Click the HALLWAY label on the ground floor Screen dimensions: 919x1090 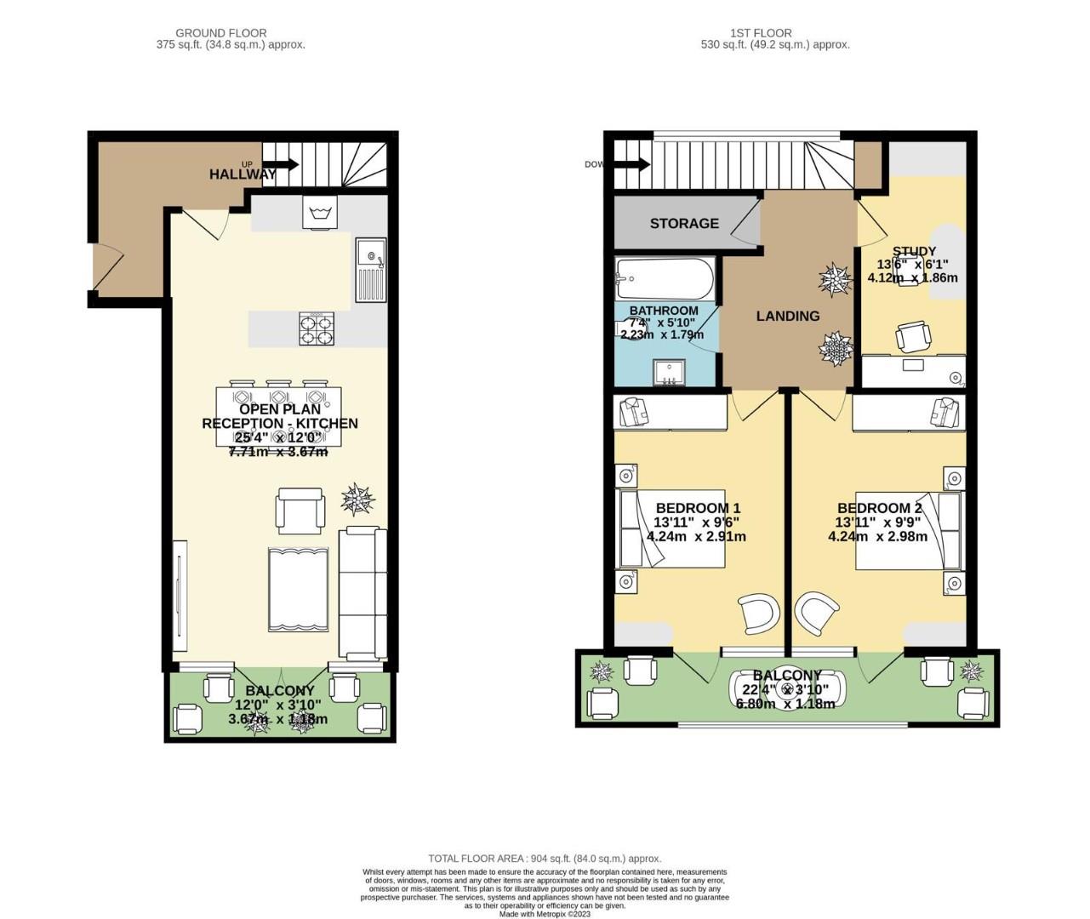click(x=243, y=174)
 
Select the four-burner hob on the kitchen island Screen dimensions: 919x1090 click(x=317, y=328)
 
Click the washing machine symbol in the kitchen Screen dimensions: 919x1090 click(x=320, y=212)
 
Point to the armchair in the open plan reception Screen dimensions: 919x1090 click(x=300, y=511)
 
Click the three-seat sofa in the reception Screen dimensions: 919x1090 click(x=362, y=593)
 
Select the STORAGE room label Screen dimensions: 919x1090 click(x=684, y=224)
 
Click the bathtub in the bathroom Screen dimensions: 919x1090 click(x=665, y=277)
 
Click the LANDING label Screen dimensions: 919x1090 click(x=788, y=316)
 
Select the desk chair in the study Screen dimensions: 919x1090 click(x=912, y=337)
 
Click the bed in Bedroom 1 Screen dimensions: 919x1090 click(x=672, y=528)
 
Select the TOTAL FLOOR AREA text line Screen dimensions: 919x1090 click(x=545, y=859)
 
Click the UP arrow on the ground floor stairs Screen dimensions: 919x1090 click(x=285, y=164)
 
